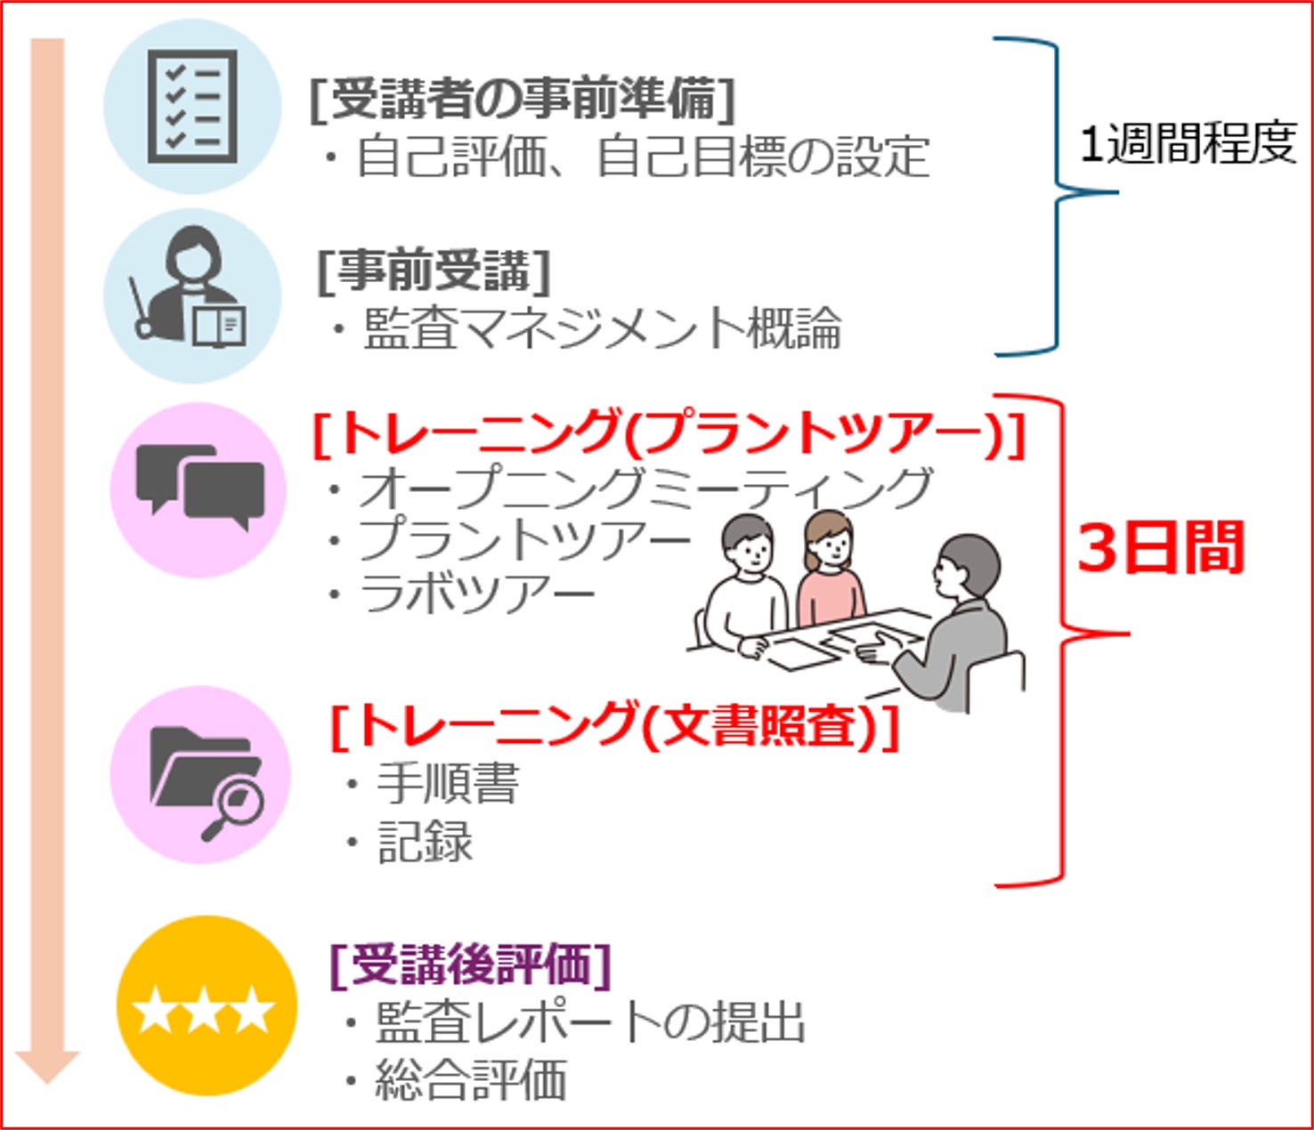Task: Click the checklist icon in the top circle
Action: coord(193,106)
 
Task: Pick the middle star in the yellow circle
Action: coord(204,1010)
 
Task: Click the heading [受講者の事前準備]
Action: coord(523,98)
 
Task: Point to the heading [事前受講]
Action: coord(434,270)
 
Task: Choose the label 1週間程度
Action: coord(1187,142)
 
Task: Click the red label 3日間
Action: coord(1160,547)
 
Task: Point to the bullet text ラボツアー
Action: coord(476,594)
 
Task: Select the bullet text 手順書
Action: coord(447,783)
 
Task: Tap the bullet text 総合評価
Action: coord(471,1080)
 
